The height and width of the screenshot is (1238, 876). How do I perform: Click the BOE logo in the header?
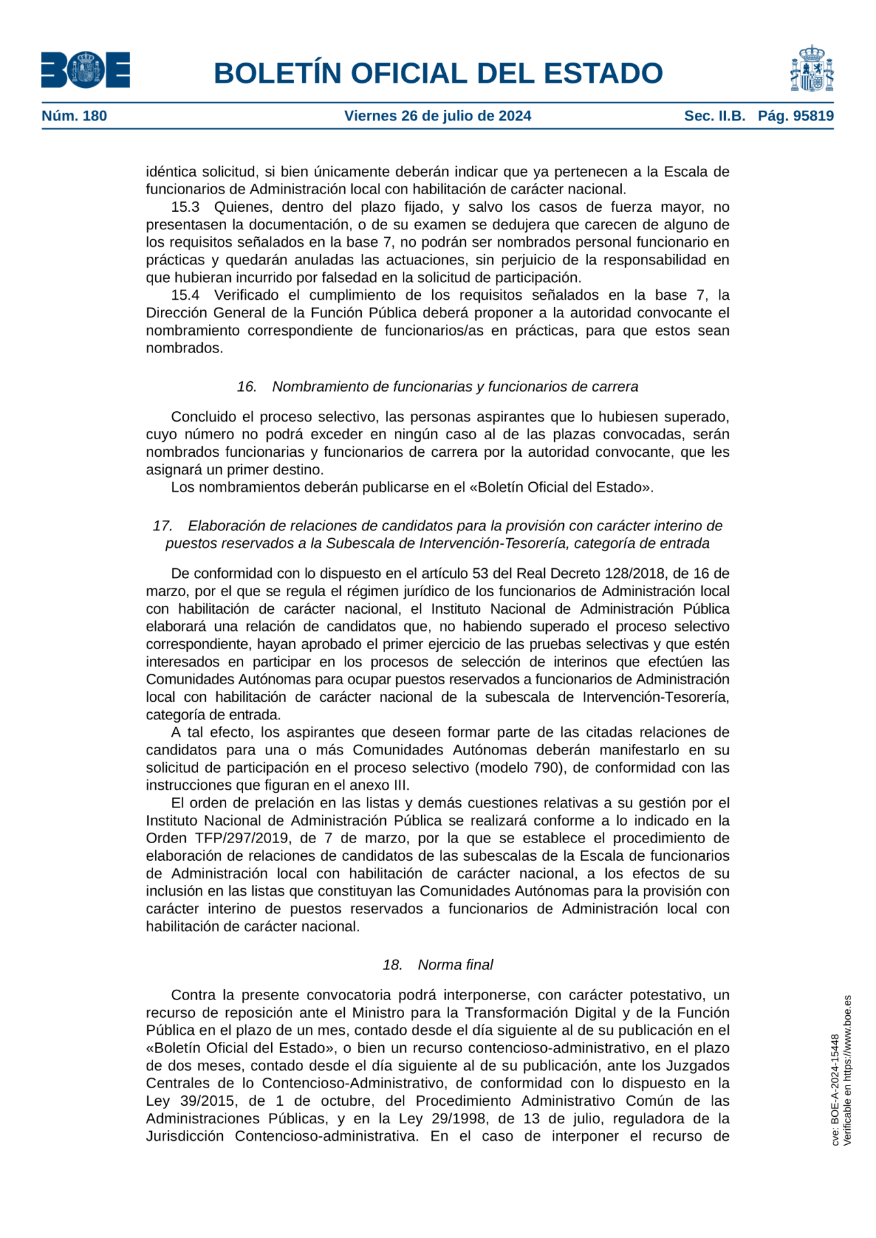(x=85, y=70)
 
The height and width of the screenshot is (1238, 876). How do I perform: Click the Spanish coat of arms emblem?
(x=811, y=69)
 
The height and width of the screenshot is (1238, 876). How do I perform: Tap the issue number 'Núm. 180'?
(x=74, y=116)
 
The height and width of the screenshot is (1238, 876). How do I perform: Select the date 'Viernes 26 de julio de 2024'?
(x=437, y=116)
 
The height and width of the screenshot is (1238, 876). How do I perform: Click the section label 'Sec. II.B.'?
(x=714, y=116)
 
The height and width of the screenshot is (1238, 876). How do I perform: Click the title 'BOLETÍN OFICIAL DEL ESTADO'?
(x=438, y=73)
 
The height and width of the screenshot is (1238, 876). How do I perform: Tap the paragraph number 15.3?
(x=185, y=207)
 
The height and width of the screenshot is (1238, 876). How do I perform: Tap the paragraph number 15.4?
(x=185, y=295)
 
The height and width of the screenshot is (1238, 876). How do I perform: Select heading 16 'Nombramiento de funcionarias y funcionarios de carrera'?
(x=437, y=386)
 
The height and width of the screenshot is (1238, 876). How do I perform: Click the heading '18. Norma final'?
(x=437, y=964)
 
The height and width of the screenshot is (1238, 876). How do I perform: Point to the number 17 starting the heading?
(x=162, y=526)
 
